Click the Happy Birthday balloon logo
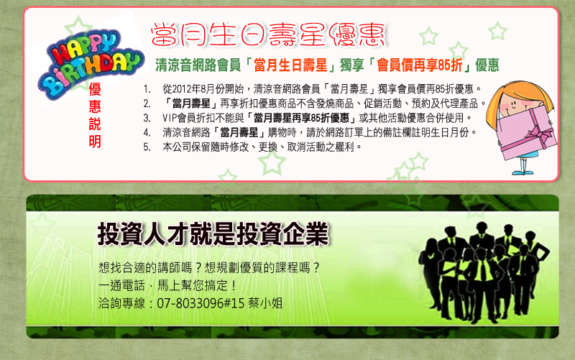(x=90, y=64)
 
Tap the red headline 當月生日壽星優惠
(x=268, y=34)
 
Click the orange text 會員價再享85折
(x=419, y=65)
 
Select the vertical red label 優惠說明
(x=95, y=115)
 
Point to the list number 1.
(x=147, y=89)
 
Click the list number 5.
(x=147, y=147)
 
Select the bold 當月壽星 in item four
(x=239, y=132)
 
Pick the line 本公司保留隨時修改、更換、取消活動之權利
(x=262, y=147)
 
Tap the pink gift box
(x=527, y=133)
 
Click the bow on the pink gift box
(x=540, y=134)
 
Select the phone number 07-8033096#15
(x=201, y=303)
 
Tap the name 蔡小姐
(x=265, y=303)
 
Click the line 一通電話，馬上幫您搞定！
(x=167, y=285)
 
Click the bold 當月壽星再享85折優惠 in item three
(x=301, y=118)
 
